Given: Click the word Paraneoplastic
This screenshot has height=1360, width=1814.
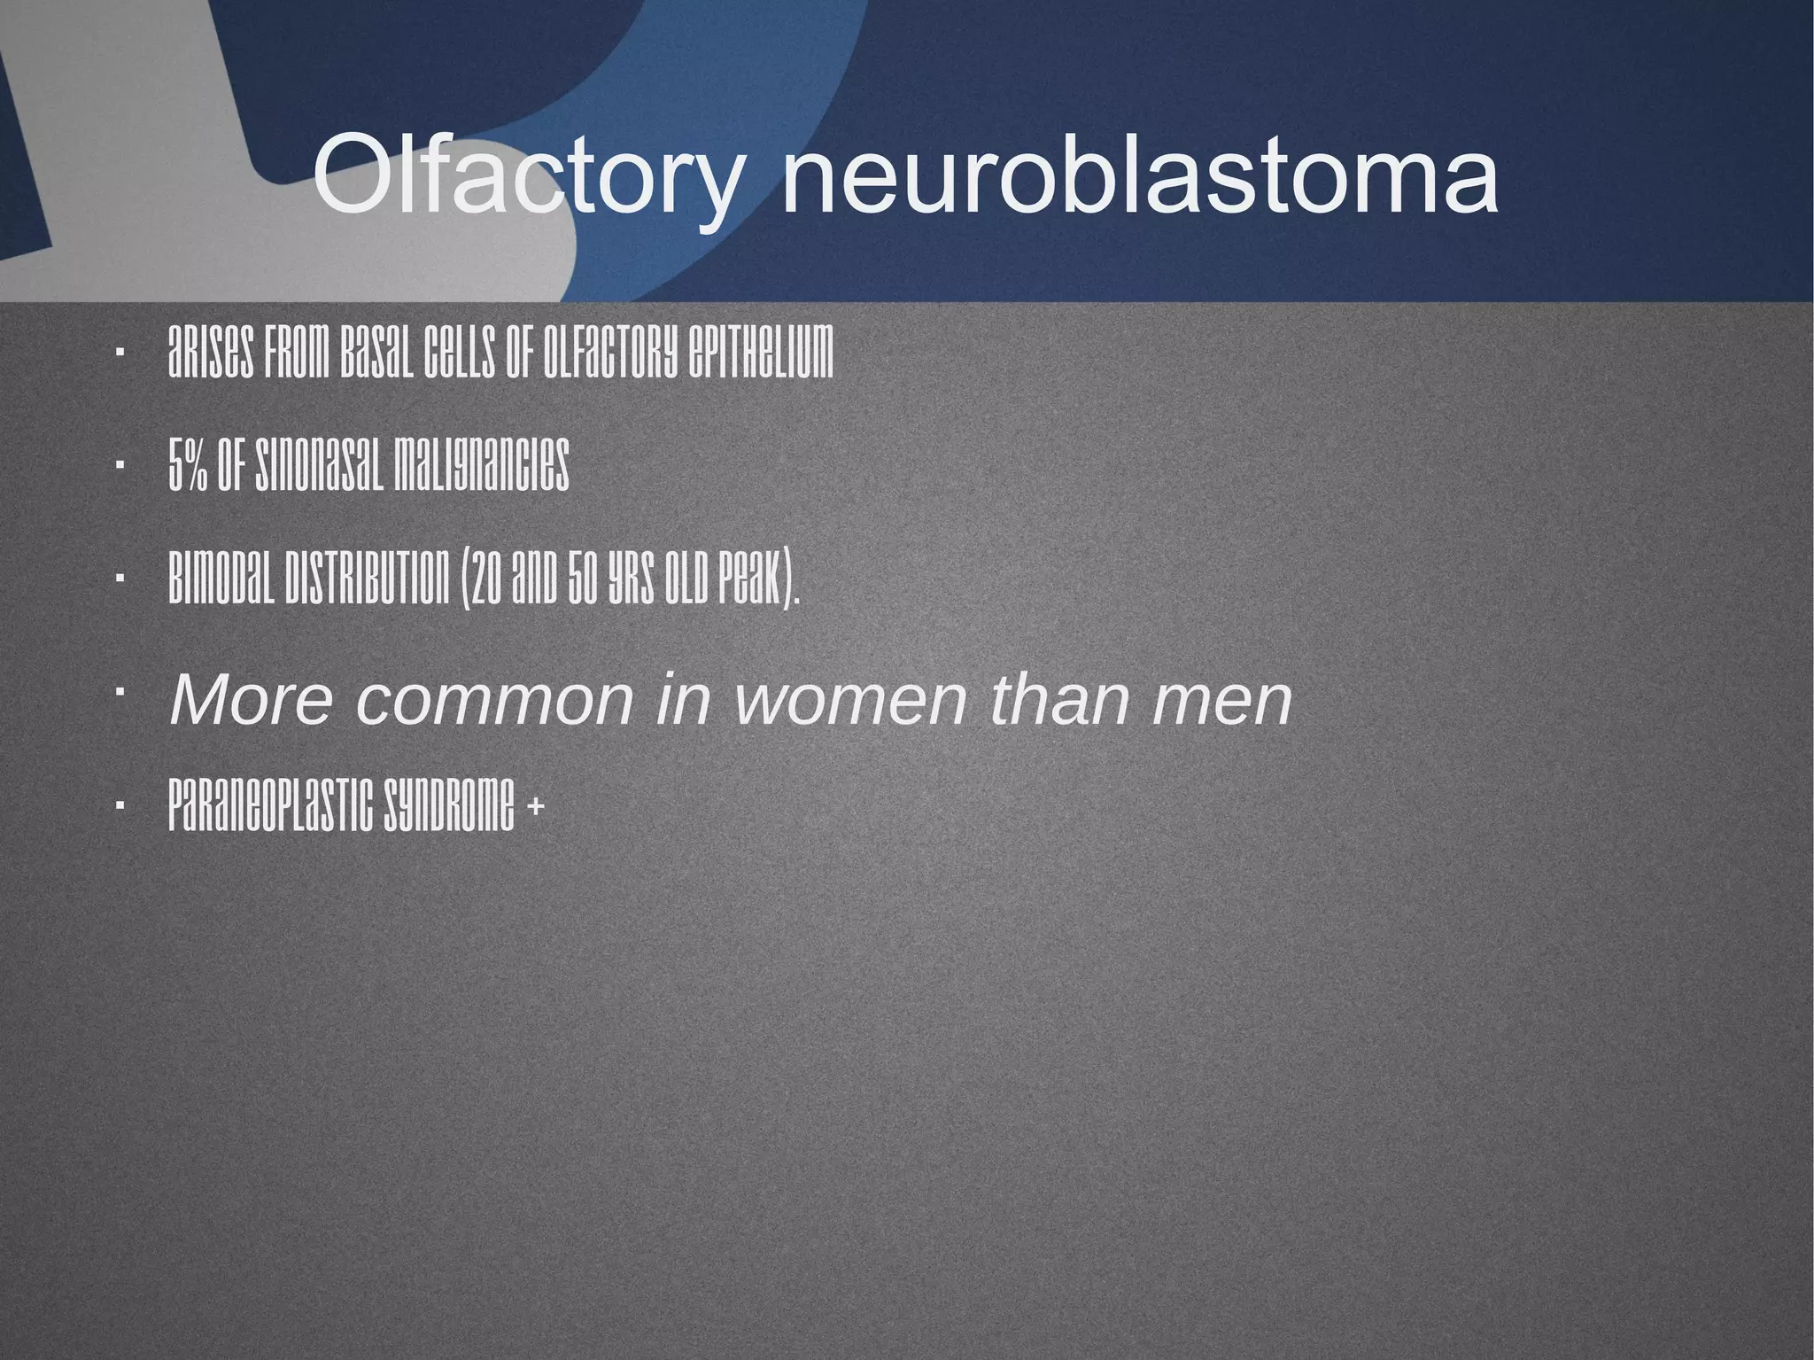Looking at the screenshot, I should [272, 806].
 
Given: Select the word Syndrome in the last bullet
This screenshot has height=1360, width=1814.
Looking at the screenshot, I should [449, 806].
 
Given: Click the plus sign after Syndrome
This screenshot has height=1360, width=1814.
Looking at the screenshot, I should [535, 806].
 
